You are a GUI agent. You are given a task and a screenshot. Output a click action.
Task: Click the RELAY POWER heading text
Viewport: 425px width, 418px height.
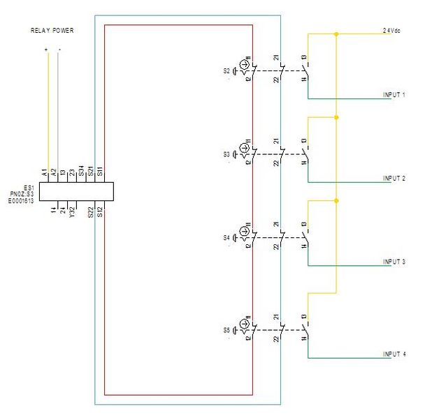tap(52, 31)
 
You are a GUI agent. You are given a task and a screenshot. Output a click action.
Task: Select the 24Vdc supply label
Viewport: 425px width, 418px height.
tap(392, 31)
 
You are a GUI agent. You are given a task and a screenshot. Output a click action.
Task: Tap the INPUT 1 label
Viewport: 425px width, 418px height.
tap(394, 94)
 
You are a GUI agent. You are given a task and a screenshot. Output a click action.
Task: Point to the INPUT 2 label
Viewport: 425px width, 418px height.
tap(394, 179)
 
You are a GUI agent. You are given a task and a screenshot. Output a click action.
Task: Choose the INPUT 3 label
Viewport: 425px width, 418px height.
tap(394, 262)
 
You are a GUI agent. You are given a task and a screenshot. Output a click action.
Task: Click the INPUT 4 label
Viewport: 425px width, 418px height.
tap(394, 354)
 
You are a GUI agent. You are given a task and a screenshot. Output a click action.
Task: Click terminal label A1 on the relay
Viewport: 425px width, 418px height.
tap(44, 172)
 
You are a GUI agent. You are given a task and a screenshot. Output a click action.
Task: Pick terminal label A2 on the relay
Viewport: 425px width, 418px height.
tap(54, 172)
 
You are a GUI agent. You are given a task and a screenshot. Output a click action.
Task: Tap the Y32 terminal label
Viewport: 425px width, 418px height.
tap(72, 211)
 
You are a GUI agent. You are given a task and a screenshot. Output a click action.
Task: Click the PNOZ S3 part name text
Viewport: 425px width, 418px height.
tap(22, 193)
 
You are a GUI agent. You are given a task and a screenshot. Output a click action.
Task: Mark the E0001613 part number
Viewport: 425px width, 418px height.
tap(21, 200)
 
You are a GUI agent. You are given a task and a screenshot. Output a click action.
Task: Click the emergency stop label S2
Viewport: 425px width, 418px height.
tap(226, 70)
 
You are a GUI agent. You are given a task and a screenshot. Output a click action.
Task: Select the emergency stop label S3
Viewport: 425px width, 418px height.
tap(226, 154)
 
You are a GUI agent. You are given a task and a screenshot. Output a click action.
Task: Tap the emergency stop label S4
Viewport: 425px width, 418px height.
tap(226, 238)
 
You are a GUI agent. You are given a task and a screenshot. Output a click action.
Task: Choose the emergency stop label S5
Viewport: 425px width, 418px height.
tap(226, 329)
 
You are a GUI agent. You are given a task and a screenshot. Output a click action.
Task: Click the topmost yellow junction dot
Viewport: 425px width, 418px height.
tap(337, 33)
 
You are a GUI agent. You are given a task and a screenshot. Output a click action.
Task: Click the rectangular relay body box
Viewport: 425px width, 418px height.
tap(76, 191)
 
